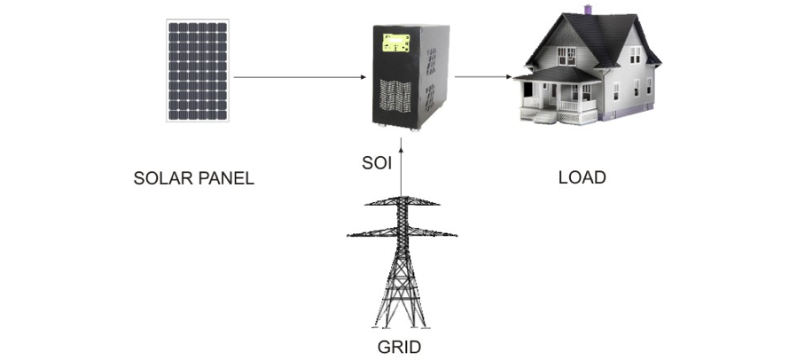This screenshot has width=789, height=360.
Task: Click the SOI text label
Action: pos(377,163)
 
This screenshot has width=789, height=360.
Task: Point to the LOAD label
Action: pos(582,177)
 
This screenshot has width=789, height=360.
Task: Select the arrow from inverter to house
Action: pos(484,77)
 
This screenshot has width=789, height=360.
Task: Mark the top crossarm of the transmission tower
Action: pos(402,203)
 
